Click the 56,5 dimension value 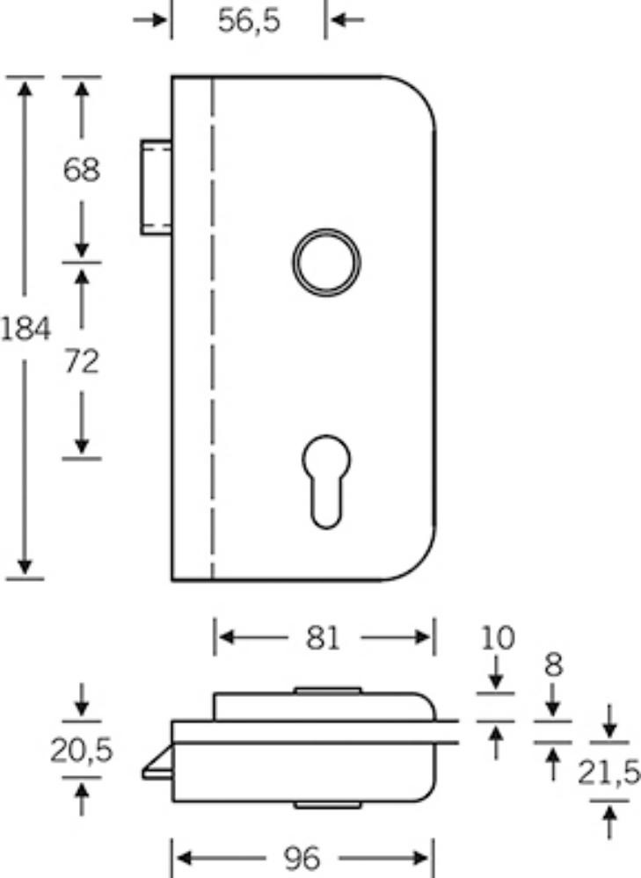pos(249,21)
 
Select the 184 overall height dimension pos(25,328)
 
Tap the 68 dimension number pos(82,170)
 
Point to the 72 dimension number pos(82,361)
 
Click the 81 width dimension pos(324,638)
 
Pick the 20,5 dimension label pos(82,751)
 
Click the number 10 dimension pos(498,638)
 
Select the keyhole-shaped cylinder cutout pos(327,482)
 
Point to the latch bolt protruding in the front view pos(157,187)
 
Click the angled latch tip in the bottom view pos(157,763)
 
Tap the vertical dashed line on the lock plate pos(213,328)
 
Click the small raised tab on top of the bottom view pos(328,691)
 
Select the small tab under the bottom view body pos(328,805)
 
